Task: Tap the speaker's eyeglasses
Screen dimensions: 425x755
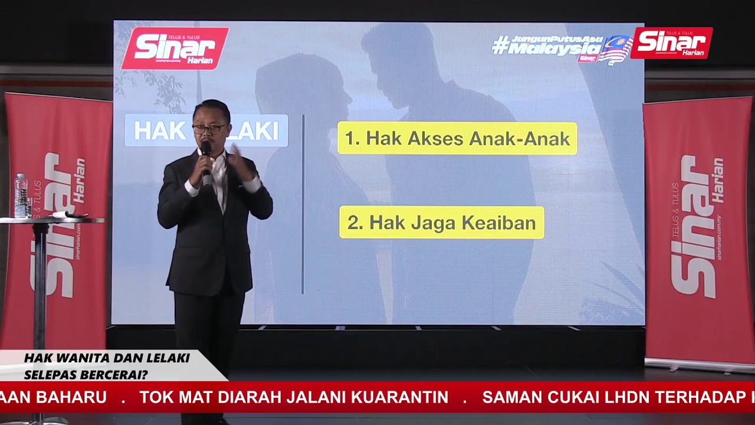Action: pyautogui.click(x=209, y=127)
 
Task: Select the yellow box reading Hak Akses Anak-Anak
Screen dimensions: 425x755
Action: pyautogui.click(x=457, y=139)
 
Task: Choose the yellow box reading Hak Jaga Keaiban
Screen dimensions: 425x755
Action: pyautogui.click(x=441, y=223)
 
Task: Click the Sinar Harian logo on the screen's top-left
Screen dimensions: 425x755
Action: pyautogui.click(x=175, y=48)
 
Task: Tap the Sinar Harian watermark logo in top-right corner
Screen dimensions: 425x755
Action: pyautogui.click(x=671, y=42)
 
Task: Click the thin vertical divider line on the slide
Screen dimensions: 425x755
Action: pyautogui.click(x=303, y=204)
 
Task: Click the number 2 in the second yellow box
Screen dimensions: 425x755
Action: pyautogui.click(x=353, y=223)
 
